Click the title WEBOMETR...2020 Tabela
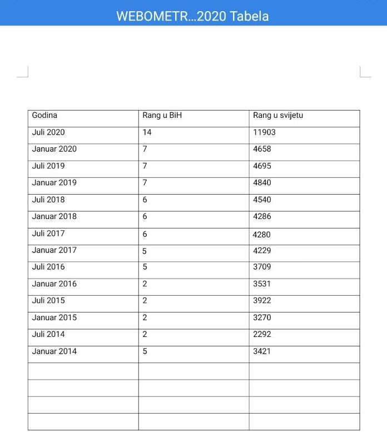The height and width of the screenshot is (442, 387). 192,16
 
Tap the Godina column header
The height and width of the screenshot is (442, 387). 44,116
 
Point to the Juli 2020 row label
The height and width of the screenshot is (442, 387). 48,132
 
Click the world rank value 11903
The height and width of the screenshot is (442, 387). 264,132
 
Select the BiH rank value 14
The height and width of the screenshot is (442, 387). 147,132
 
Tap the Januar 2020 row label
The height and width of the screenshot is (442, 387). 54,149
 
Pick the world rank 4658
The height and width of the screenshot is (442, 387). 262,149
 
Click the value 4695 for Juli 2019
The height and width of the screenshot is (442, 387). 262,166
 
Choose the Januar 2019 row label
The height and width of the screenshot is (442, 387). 54,182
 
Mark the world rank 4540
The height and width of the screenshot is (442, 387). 262,200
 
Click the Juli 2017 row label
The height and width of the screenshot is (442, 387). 48,234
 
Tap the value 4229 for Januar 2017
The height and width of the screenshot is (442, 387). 262,250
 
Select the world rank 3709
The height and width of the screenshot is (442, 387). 262,267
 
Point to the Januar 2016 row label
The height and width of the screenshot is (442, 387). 54,284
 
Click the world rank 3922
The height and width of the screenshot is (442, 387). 262,300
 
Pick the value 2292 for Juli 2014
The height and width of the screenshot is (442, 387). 262,334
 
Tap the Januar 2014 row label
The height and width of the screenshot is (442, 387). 54,351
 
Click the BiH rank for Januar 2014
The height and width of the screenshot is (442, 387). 145,351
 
